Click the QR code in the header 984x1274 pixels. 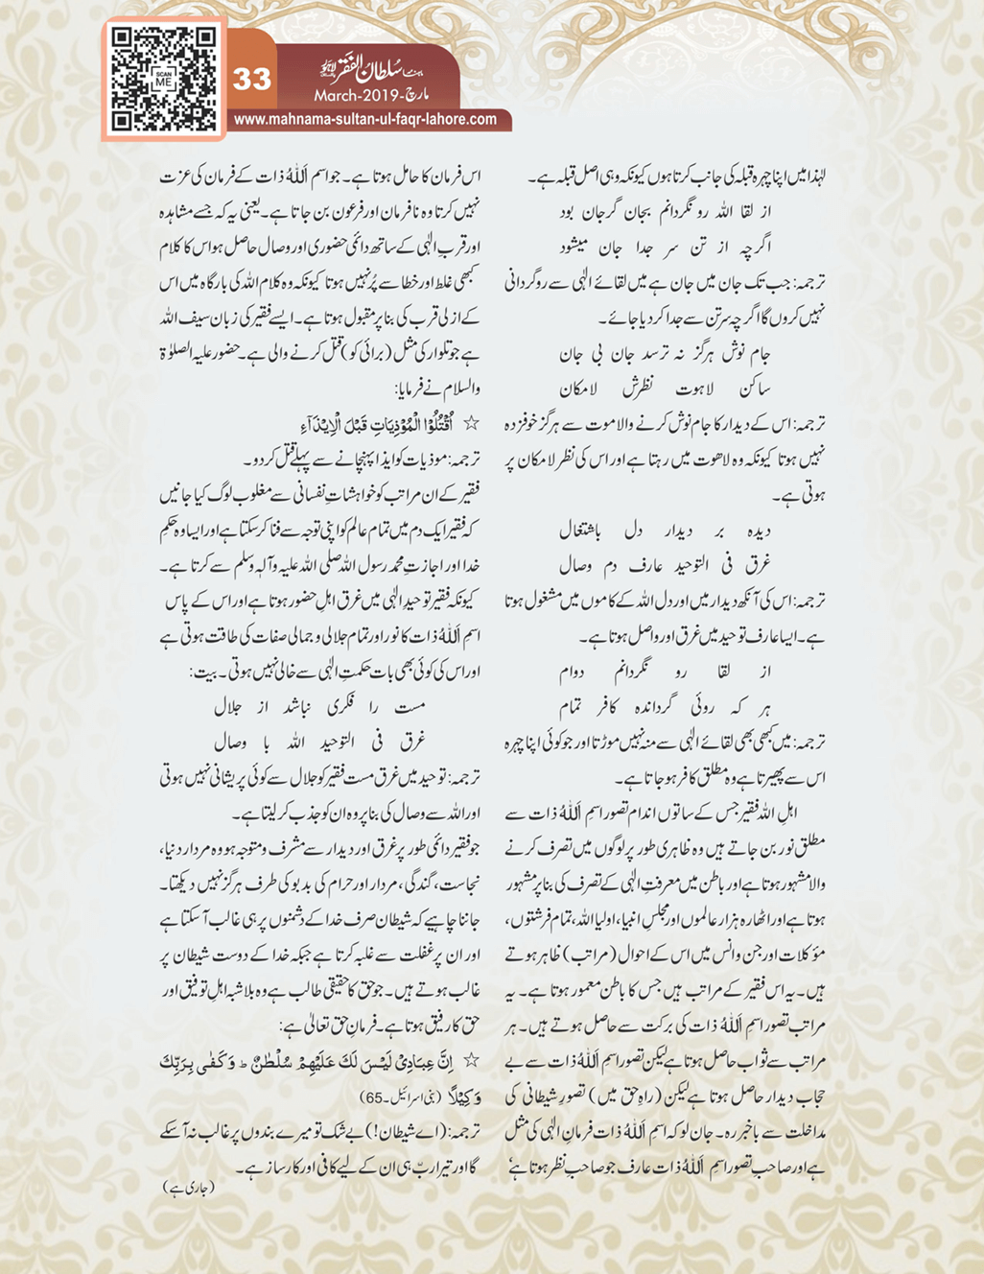(x=163, y=79)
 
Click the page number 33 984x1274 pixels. (x=251, y=78)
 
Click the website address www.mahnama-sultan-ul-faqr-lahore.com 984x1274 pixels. (x=365, y=120)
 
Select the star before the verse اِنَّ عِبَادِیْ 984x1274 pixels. (x=472, y=1060)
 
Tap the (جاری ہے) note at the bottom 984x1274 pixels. (x=189, y=1187)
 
